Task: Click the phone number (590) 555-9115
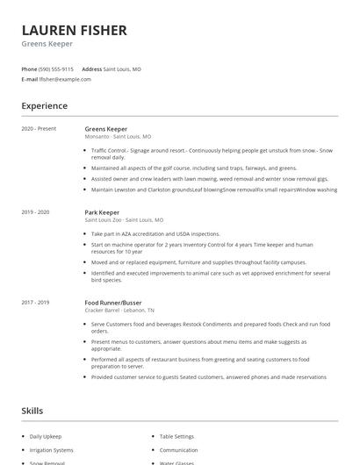56,68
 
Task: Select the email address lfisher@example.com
65,79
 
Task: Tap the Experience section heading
45,106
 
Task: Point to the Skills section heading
32,411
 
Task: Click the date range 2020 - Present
39,128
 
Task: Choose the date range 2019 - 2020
36,211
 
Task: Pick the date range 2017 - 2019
36,302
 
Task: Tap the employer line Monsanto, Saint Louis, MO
118,137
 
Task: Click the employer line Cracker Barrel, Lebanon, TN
120,311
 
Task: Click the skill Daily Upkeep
46,436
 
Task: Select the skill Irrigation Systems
51,449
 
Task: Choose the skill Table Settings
176,436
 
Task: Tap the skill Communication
178,449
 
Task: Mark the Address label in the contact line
91,68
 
